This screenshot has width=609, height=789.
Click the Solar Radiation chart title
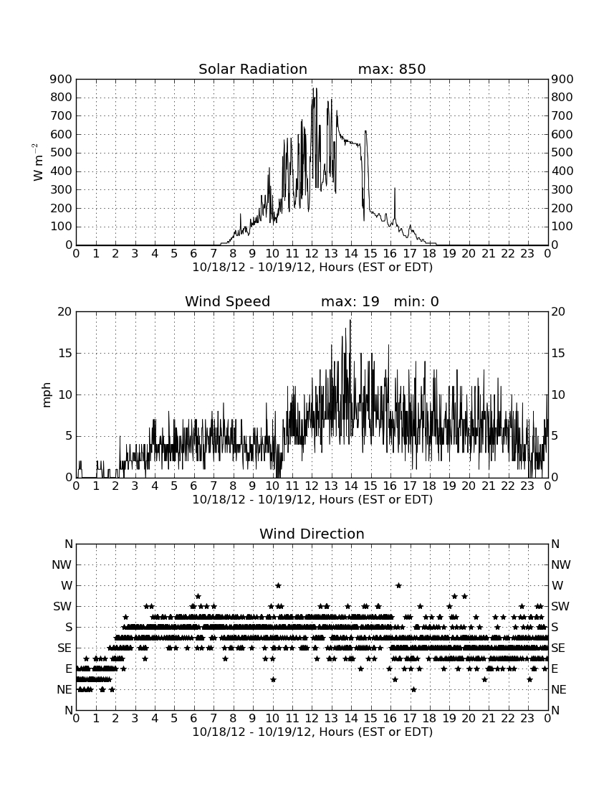[253, 69]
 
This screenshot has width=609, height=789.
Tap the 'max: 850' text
[392, 69]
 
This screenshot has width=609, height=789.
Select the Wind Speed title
[228, 301]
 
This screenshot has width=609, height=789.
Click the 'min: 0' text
[416, 301]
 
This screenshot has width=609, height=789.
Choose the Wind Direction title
[312, 534]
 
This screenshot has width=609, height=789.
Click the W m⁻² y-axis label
[38, 162]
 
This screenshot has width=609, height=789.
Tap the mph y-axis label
[47, 395]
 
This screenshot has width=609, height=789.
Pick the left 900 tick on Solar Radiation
[62, 79]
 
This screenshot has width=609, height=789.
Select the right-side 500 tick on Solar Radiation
[562, 153]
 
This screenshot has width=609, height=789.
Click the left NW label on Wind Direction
[62, 564]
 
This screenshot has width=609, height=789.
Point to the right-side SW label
[560, 606]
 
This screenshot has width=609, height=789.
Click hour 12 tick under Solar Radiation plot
[312, 253]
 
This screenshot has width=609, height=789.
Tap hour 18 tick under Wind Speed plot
[429, 486]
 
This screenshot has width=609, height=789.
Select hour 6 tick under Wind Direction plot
[193, 718]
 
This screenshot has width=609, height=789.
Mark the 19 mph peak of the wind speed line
[350, 320]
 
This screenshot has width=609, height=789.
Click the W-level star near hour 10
[278, 585]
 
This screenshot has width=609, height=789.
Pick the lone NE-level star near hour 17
[413, 689]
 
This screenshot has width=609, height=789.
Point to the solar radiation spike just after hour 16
[395, 188]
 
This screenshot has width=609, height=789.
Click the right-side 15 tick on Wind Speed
[558, 353]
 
